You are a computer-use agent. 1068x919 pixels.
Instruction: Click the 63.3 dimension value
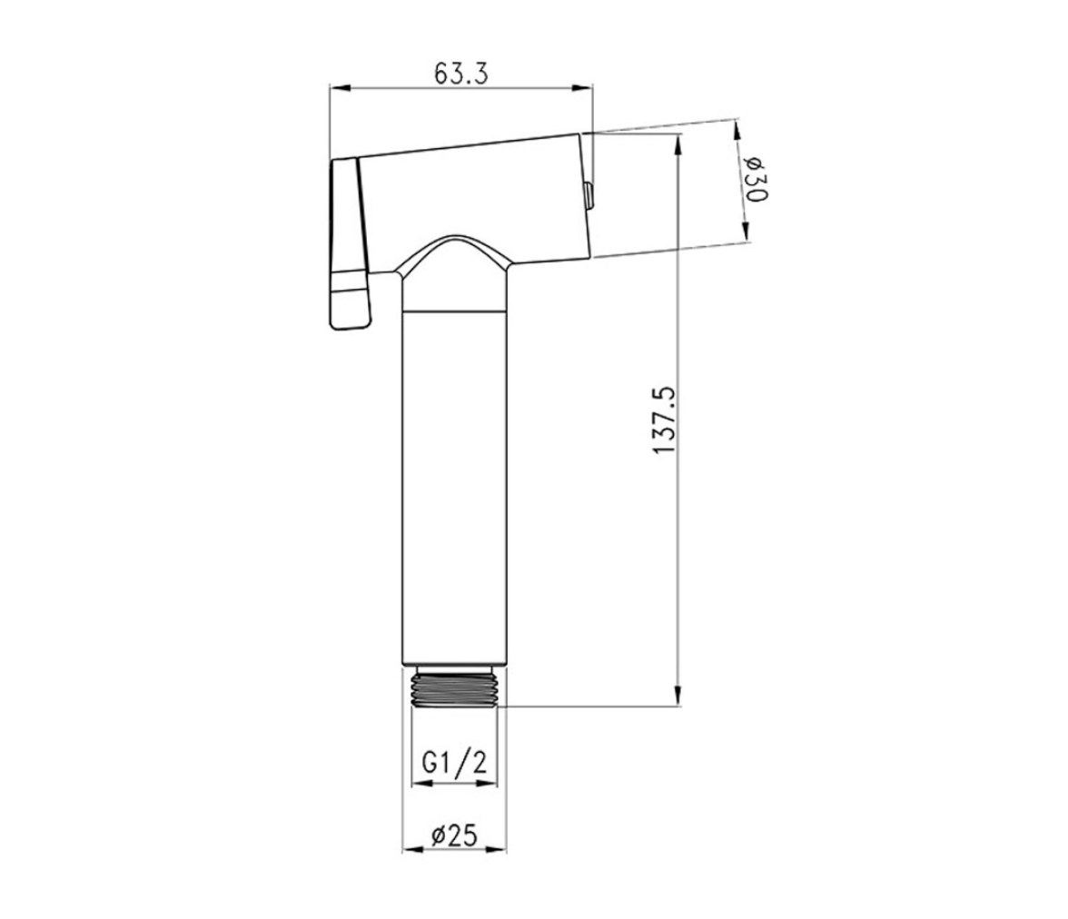click(x=461, y=73)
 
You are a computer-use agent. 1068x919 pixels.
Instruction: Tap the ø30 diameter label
click(x=756, y=179)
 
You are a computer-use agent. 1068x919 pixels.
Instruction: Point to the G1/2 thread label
click(x=454, y=762)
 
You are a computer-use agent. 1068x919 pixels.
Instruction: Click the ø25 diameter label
click(x=454, y=835)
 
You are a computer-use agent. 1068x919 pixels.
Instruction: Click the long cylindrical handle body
click(x=454, y=487)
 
